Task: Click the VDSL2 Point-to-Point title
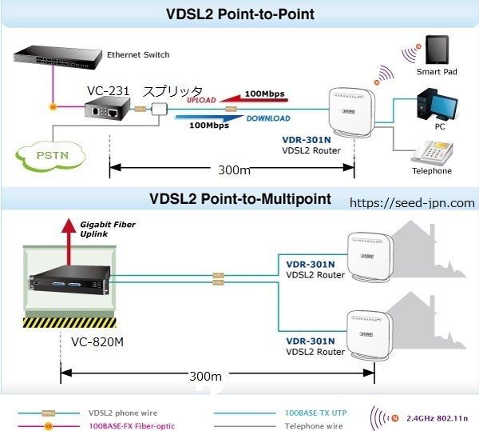click(x=240, y=14)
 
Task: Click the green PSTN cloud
click(x=50, y=153)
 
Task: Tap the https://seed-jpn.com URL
click(x=413, y=203)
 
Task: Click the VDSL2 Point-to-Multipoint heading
click(x=239, y=198)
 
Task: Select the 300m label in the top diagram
click(x=233, y=171)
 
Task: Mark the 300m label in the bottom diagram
click(x=209, y=376)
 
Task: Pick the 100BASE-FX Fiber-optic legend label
click(x=131, y=425)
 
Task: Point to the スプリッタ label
click(x=172, y=92)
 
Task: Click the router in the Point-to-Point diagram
click(x=351, y=115)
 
